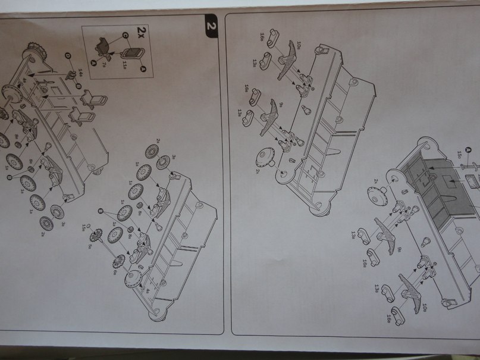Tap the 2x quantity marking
pyautogui.click(x=141, y=32)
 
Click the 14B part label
pyautogui.click(x=81, y=72)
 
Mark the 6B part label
pyautogui.click(x=115, y=271)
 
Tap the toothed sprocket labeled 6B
pyautogui.click(x=118, y=260)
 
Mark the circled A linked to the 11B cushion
pyautogui.click(x=143, y=69)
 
